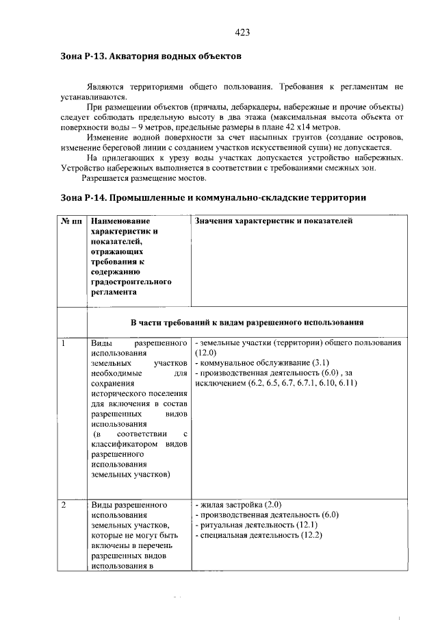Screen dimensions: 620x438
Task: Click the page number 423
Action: point(242,32)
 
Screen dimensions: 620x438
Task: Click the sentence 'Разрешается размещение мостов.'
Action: point(144,178)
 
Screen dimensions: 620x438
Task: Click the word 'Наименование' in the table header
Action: point(119,221)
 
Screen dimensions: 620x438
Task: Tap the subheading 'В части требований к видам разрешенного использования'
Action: point(246,322)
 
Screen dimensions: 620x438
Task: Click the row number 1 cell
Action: point(62,343)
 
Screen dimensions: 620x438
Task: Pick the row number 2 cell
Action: point(62,506)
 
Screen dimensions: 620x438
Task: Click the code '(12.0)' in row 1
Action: point(206,353)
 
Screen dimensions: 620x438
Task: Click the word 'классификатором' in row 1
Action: point(120,444)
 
